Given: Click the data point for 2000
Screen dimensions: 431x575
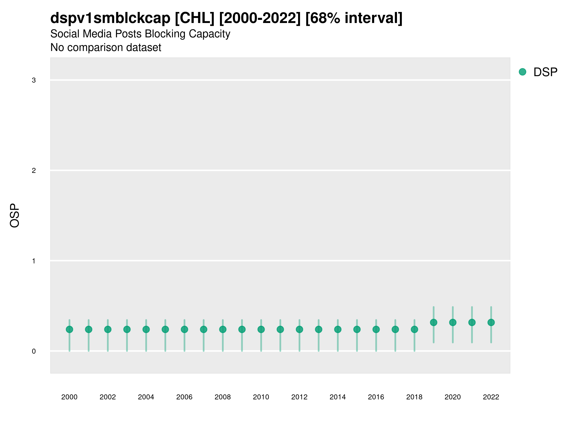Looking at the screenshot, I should pyautogui.click(x=69, y=329).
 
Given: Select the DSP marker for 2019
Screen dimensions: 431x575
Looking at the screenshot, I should pyautogui.click(x=434, y=322).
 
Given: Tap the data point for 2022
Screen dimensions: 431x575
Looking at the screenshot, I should pyautogui.click(x=491, y=322).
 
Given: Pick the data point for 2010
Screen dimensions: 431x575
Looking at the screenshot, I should pyautogui.click(x=261, y=329).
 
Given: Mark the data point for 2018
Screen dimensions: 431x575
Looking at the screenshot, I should pyautogui.click(x=414, y=329).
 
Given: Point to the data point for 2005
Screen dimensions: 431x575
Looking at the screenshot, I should pyautogui.click(x=165, y=329).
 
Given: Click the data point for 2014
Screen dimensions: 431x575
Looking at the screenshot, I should pyautogui.click(x=338, y=329).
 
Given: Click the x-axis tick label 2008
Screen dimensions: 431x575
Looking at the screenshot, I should pyautogui.click(x=223, y=397).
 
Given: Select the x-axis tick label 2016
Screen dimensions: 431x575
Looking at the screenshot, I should pyautogui.click(x=376, y=397).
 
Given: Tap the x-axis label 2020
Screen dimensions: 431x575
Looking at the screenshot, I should pyautogui.click(x=453, y=397).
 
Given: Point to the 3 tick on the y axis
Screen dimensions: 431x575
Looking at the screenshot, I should pyautogui.click(x=34, y=80).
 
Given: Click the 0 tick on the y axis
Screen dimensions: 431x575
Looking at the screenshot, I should pyautogui.click(x=34, y=352).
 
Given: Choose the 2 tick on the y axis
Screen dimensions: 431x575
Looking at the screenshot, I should pyautogui.click(x=34, y=171).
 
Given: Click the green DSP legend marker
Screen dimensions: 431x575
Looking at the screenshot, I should pyautogui.click(x=523, y=72).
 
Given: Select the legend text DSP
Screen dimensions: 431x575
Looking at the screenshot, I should pyautogui.click(x=545, y=72).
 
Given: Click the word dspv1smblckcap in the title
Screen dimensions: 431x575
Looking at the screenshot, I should pyautogui.click(x=110, y=18).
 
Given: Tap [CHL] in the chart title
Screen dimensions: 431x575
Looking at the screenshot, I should pyautogui.click(x=195, y=18).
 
